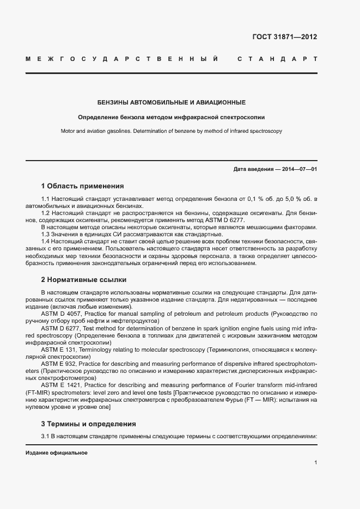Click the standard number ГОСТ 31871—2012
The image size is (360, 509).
point(285,38)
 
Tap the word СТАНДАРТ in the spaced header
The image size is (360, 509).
point(277,59)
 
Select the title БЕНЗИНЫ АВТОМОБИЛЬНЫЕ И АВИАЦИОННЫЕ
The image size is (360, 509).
point(172,102)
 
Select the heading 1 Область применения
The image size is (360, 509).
point(82,186)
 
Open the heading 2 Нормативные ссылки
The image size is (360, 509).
point(83,280)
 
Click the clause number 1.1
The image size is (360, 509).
point(46,200)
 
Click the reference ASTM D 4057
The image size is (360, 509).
point(61,314)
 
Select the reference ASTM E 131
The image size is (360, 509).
point(59,348)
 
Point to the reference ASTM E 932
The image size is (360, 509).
point(59,363)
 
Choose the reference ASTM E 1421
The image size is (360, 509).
point(61,385)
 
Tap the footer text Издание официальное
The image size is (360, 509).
point(57,453)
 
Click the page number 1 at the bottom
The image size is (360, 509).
point(316,463)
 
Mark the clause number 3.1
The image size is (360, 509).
point(46,437)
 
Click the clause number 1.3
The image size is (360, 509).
point(46,234)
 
